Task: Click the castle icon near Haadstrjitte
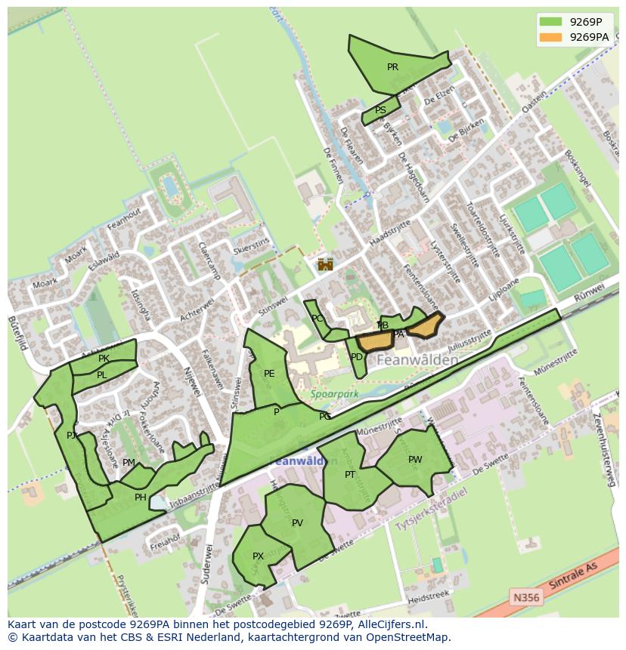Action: click(325, 264)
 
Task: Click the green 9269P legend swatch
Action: click(551, 22)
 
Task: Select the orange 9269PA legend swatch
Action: click(551, 37)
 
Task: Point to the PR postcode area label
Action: click(392, 67)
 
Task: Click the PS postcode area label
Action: click(380, 110)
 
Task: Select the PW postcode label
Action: click(415, 460)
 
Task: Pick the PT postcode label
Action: click(350, 475)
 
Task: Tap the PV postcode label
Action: click(297, 523)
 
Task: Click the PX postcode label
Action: click(258, 556)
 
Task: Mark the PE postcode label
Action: click(269, 374)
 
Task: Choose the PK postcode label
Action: click(104, 359)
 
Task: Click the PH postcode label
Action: click(140, 498)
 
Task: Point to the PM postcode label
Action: click(129, 463)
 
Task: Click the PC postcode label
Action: click(318, 319)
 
